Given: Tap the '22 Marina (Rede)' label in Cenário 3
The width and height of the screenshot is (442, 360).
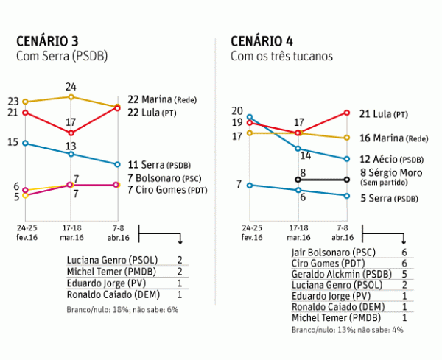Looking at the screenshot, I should (163, 99).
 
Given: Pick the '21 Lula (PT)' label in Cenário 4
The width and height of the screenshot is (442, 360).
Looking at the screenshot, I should (383, 114).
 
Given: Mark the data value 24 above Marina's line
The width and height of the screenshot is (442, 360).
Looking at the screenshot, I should (71, 87).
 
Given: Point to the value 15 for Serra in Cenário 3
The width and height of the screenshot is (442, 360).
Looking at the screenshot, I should (13, 141).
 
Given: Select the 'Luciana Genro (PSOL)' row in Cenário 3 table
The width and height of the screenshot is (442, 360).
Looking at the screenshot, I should (108, 261).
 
